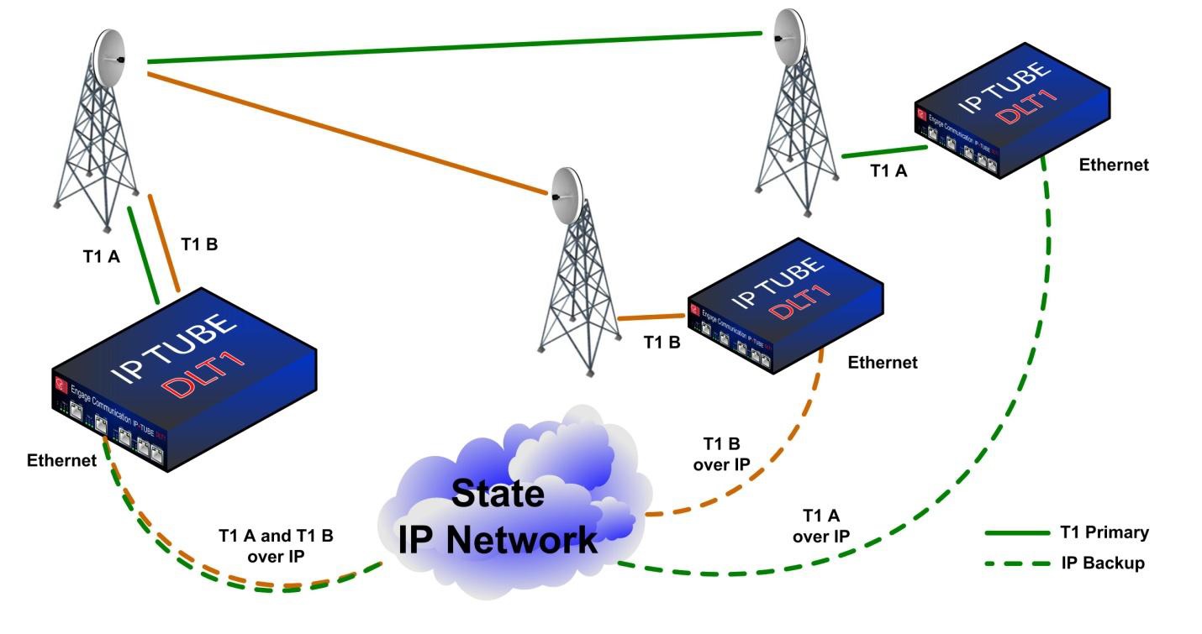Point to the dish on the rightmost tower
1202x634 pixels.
[x=788, y=37]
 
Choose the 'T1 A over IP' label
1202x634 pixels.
[x=825, y=526]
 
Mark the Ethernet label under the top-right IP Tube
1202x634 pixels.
[x=1114, y=165]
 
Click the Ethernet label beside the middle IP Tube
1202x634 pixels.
[x=883, y=363]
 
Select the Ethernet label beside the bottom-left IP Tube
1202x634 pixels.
[x=61, y=460]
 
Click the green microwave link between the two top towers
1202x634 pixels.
[x=454, y=48]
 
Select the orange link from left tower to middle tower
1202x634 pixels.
[x=345, y=134]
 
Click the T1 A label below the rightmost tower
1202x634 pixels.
[x=888, y=171]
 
